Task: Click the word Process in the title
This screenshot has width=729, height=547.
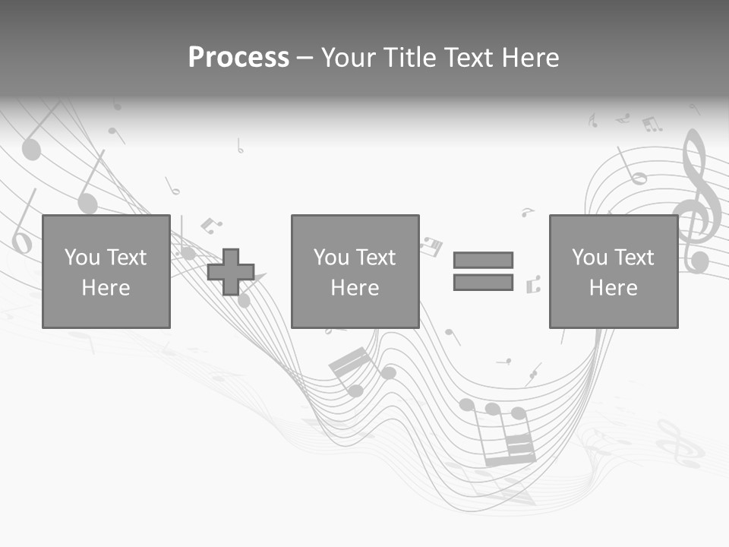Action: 238,58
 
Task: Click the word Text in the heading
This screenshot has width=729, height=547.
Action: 465,58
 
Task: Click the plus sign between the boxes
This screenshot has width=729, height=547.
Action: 231,272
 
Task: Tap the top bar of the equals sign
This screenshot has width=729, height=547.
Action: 483,260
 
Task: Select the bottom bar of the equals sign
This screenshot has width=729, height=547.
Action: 483,283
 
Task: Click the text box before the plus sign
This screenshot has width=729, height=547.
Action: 106,271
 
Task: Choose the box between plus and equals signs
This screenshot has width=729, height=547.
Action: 355,271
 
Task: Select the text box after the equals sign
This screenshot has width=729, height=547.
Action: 613,271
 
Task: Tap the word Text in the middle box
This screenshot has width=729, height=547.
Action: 375,258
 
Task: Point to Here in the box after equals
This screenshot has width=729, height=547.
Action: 613,288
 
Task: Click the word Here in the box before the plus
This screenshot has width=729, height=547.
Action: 106,288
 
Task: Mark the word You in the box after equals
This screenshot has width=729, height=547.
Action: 589,258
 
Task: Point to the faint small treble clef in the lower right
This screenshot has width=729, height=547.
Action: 680,444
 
